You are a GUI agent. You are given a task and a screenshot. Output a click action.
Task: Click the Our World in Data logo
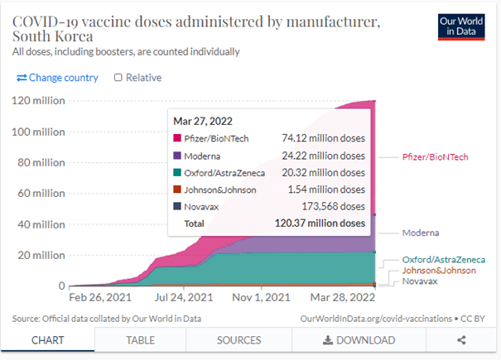(462, 26)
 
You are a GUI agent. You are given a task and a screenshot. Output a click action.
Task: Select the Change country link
(57, 78)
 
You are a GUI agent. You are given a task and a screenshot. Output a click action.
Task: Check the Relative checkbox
(118, 78)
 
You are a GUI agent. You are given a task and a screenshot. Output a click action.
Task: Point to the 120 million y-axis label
(38, 101)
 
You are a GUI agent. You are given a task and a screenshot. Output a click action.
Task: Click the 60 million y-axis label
(41, 194)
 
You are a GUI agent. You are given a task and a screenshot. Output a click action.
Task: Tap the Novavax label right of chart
(422, 281)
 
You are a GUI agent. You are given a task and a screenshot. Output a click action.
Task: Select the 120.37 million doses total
(320, 223)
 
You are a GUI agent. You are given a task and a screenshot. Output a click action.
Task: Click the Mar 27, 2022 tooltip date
(204, 120)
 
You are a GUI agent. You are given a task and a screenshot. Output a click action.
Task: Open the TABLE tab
(140, 340)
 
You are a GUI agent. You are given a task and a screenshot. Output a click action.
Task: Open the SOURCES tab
(238, 340)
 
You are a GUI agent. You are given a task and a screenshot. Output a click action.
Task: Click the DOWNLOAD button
(359, 340)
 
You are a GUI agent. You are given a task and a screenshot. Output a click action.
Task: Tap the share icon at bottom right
(461, 340)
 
